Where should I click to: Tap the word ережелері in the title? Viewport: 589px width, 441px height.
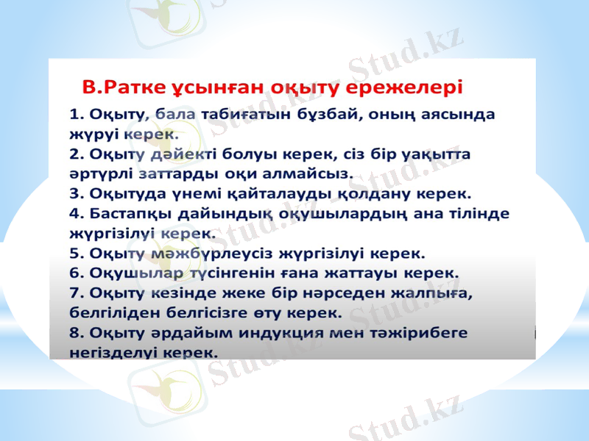tap(413, 87)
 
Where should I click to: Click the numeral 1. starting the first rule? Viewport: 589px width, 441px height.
tap(76, 115)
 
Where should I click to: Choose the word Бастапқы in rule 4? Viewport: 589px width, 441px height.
tap(127, 214)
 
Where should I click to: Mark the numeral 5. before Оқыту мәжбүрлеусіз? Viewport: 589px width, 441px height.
tap(76, 254)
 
